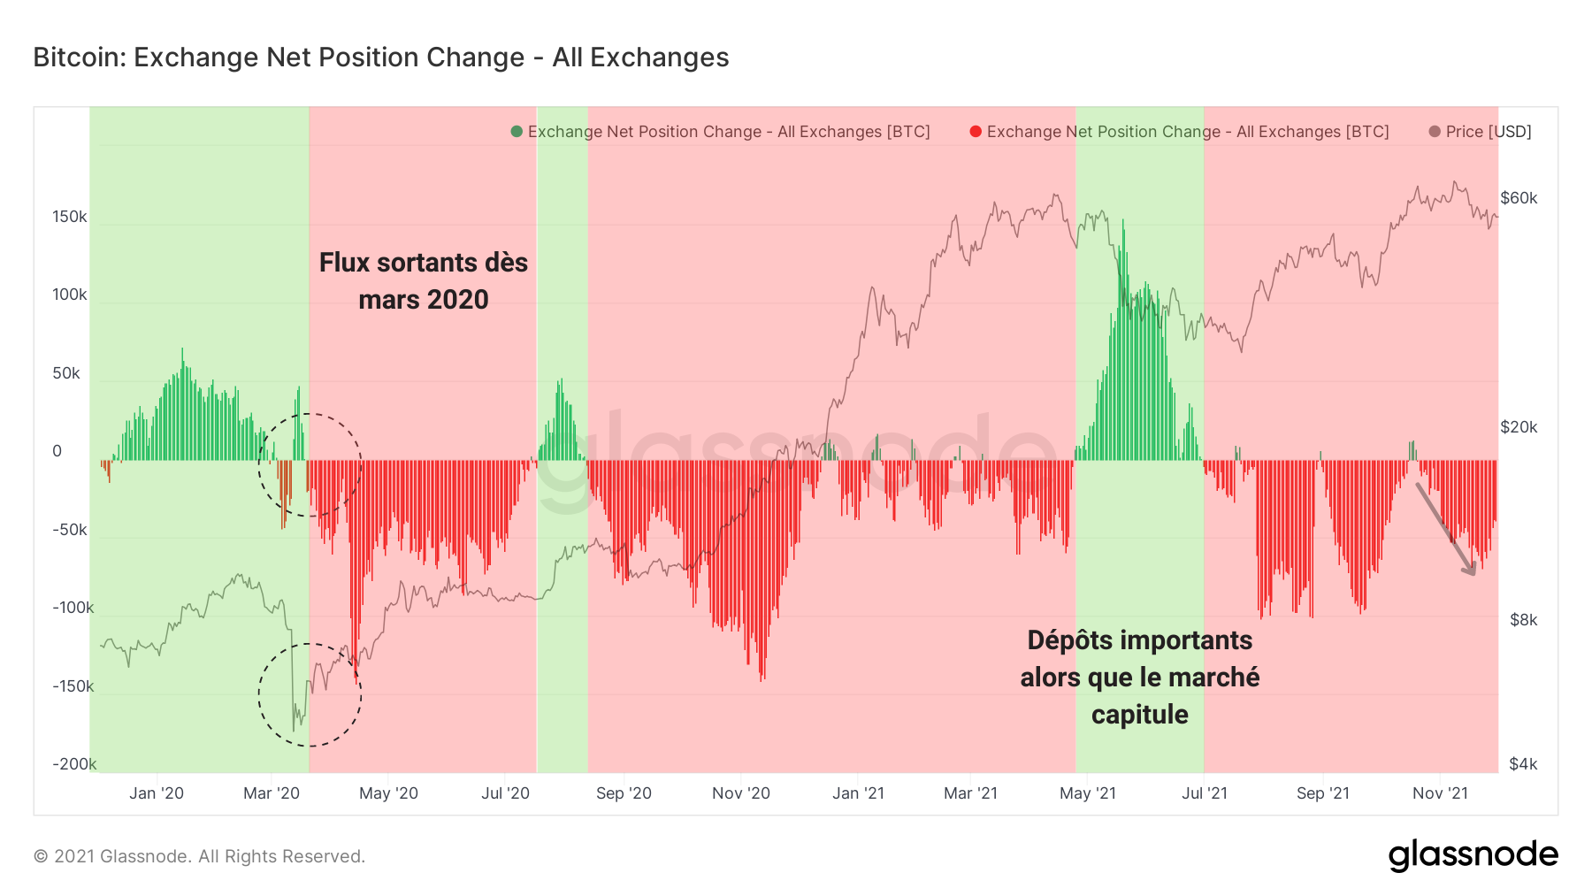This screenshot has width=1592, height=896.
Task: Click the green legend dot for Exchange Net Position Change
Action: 517,132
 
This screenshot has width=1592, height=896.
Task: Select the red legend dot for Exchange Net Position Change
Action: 976,132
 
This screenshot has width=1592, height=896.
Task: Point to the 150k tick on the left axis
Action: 69,217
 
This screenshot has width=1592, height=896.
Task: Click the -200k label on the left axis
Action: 73,764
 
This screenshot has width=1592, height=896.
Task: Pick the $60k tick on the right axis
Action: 1519,198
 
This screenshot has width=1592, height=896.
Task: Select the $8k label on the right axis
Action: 1523,620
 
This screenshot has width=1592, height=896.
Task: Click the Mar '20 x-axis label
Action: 272,793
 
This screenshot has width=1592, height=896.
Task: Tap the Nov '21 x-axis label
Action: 1440,793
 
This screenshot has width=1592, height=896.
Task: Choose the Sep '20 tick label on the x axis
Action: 624,793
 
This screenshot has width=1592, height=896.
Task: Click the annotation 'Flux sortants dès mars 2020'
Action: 423,281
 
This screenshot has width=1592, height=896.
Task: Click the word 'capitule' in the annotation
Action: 1139,715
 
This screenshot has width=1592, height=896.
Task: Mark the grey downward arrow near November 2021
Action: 1446,530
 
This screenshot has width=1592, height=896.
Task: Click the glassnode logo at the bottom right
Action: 1473,855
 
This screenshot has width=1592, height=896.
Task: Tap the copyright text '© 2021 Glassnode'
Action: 199,856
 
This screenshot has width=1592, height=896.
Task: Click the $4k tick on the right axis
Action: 1523,764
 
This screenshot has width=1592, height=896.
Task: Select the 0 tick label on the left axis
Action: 57,451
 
